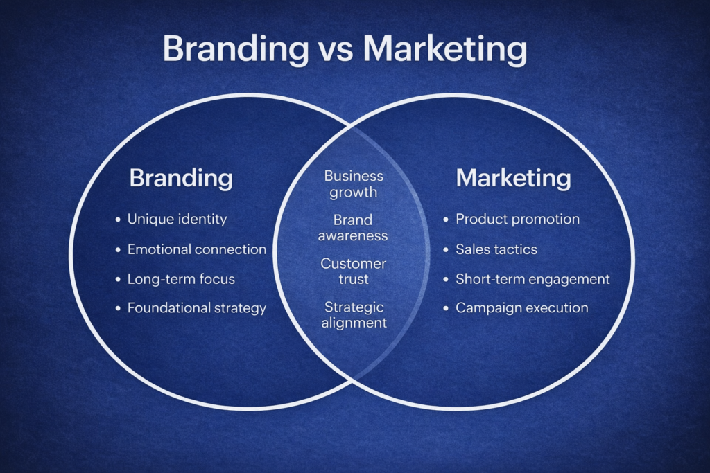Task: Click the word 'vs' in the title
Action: [336, 49]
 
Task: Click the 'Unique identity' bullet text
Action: [177, 220]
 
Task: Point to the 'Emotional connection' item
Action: [196, 249]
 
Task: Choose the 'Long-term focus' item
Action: [181, 280]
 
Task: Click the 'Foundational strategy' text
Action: [196, 308]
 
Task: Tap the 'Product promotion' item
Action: [517, 220]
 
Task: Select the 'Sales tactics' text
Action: [496, 249]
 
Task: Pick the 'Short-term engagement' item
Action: [532, 280]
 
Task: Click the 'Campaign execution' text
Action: [521, 308]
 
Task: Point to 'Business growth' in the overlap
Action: [354, 184]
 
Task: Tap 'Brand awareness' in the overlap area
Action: [353, 228]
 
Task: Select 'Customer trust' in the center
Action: [353, 271]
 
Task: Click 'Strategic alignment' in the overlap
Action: [354, 315]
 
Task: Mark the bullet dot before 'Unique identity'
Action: [118, 220]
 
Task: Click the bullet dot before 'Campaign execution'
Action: [446, 308]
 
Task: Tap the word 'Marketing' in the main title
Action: [445, 50]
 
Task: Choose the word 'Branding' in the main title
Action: [236, 50]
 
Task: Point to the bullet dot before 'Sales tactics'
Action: [446, 249]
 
